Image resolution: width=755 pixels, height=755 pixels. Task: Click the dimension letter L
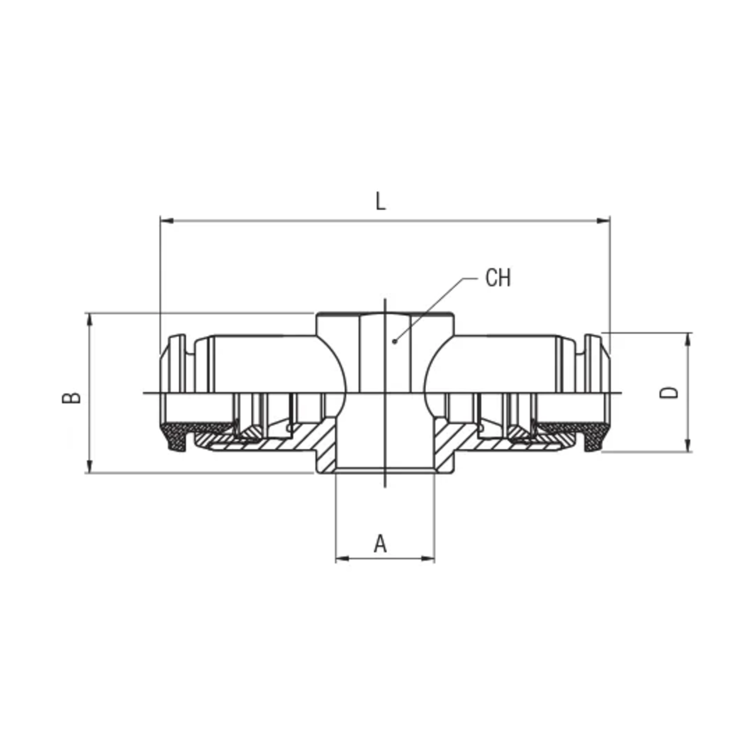[380, 201]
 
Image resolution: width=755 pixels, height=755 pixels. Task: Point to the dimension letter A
[380, 544]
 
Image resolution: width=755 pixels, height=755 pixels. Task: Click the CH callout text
[498, 278]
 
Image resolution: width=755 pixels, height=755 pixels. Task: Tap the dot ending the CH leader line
[394, 341]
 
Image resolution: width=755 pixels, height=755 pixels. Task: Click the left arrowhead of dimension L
[167, 221]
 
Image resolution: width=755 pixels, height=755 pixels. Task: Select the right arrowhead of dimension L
[603, 221]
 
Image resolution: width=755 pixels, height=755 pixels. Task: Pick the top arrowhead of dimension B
[90, 320]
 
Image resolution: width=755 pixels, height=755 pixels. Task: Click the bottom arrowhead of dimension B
[90, 466]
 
